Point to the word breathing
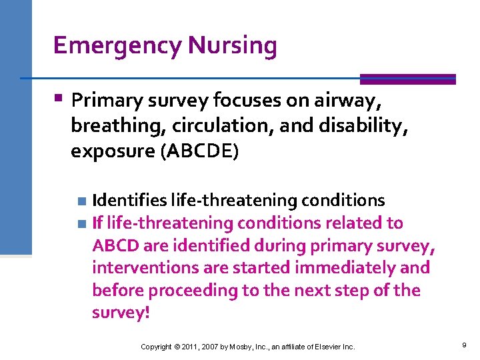(x=111, y=127)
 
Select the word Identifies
(x=129, y=200)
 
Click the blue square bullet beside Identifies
(x=81, y=201)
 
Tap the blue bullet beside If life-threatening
(x=81, y=223)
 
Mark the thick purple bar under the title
(x=407, y=79)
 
